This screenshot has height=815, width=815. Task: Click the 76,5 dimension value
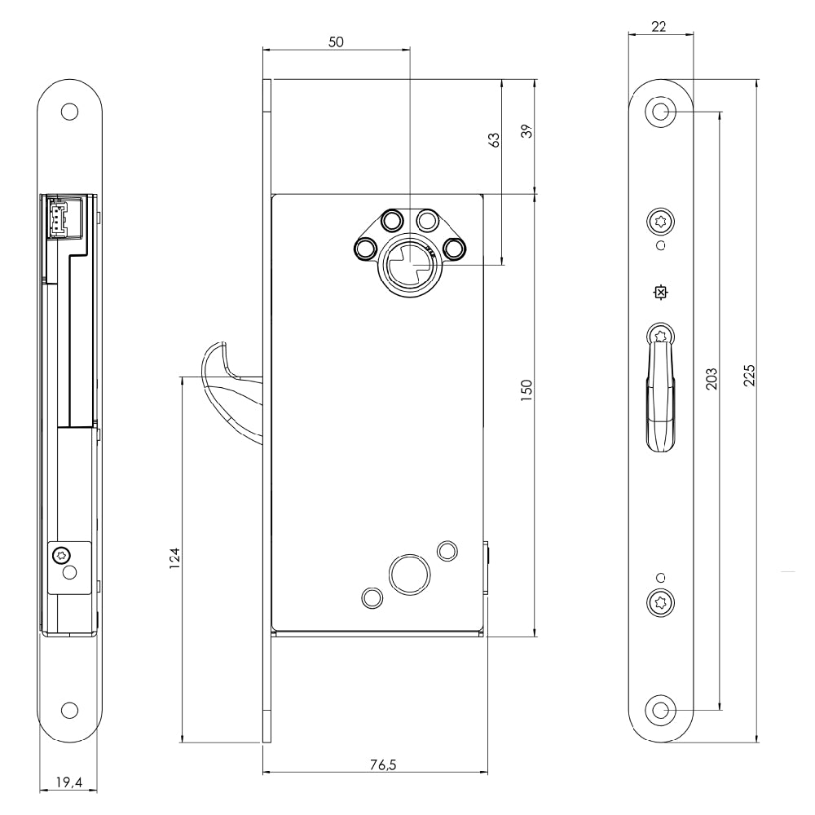point(383,764)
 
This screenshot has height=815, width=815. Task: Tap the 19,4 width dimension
point(69,782)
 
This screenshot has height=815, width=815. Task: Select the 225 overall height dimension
point(749,375)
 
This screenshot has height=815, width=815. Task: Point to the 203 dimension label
point(711,378)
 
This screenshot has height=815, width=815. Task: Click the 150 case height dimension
point(526,390)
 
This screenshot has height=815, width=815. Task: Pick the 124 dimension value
point(174,558)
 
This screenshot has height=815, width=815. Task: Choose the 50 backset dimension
point(337,42)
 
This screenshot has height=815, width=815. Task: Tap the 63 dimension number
point(494,140)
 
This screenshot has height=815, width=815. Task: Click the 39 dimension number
point(527,130)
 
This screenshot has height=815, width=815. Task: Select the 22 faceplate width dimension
point(658,26)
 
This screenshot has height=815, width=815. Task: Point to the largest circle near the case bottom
point(410,575)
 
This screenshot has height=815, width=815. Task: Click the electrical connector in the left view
point(58,218)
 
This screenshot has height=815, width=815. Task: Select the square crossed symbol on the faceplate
point(660,293)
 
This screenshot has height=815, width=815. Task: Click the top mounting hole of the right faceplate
point(660,112)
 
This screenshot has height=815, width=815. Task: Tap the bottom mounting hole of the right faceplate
point(660,710)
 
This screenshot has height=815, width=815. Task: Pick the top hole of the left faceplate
point(69,112)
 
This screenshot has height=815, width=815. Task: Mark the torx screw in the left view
point(61,555)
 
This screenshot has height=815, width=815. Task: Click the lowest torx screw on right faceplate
point(660,603)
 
